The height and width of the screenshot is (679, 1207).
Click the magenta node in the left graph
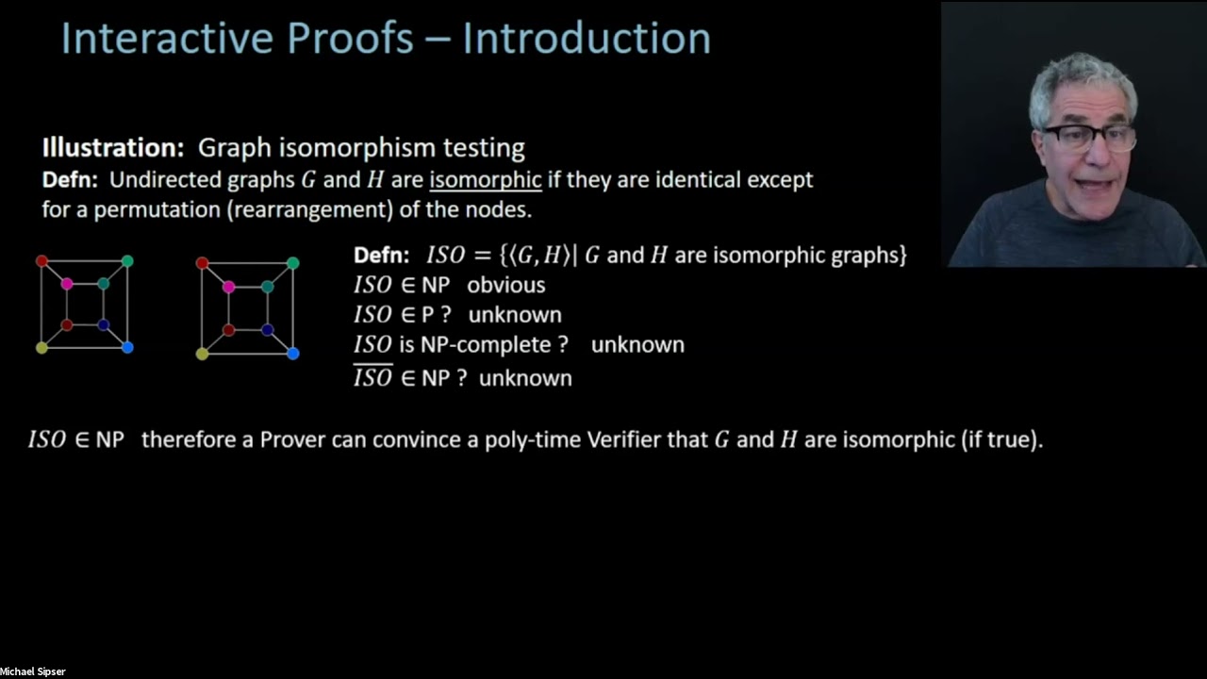click(x=67, y=284)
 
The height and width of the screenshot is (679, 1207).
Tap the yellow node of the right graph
click(x=202, y=354)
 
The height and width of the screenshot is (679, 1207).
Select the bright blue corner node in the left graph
click(x=127, y=348)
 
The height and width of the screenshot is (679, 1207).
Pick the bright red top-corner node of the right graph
click(x=202, y=263)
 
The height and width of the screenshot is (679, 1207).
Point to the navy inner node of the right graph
click(x=268, y=330)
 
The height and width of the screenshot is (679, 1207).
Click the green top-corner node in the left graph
click(x=127, y=261)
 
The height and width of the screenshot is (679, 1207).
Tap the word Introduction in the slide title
click(x=586, y=39)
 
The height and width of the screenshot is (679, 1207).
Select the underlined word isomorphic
click(x=485, y=180)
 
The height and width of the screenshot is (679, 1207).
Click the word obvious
click(x=505, y=285)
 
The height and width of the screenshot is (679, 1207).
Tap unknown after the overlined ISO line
click(x=525, y=378)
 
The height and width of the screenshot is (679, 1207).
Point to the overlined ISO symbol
click(x=372, y=378)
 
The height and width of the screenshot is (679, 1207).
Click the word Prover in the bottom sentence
click(x=292, y=439)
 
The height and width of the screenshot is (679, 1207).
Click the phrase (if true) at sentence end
click(x=1001, y=439)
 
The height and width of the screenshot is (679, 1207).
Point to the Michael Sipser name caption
click(x=33, y=671)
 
